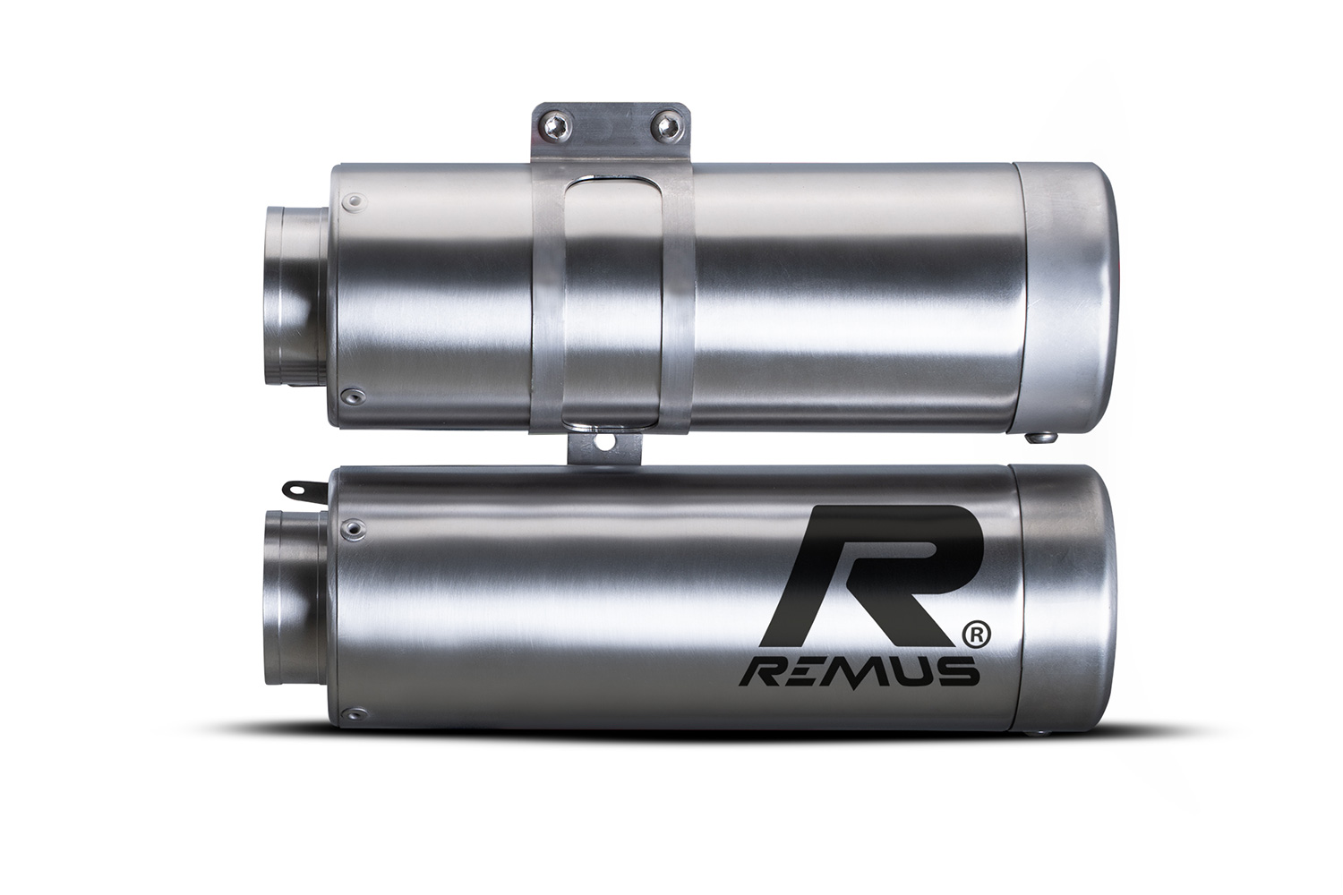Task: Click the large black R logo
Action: click(x=870, y=575)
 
